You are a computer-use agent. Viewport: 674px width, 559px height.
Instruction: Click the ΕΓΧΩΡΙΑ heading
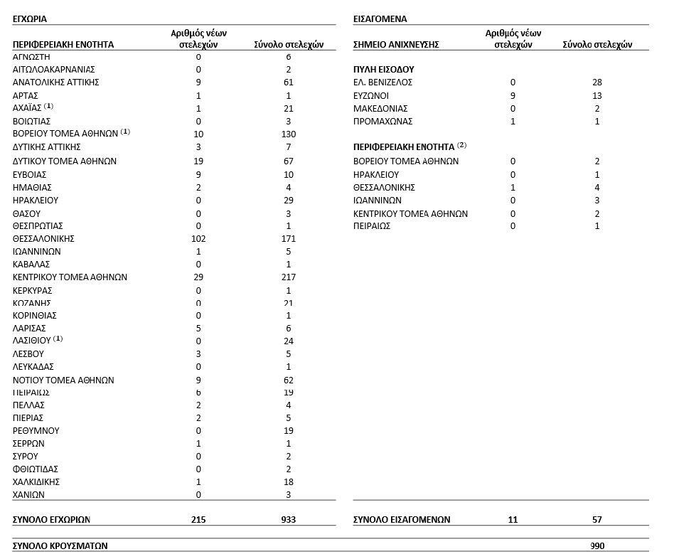tap(30, 19)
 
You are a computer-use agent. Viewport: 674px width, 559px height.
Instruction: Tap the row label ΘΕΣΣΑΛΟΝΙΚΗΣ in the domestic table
tap(43, 239)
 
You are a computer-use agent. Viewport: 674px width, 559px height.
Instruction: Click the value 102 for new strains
tap(198, 239)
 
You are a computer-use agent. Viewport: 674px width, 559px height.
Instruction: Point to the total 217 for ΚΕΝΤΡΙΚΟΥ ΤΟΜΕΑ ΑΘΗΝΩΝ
tap(289, 277)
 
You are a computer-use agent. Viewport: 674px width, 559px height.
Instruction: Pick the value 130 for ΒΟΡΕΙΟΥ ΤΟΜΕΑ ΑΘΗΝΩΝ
tap(289, 134)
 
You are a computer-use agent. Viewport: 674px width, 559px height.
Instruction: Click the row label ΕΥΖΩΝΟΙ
tap(371, 95)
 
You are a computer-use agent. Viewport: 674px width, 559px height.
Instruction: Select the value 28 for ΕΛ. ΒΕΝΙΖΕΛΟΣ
tap(597, 82)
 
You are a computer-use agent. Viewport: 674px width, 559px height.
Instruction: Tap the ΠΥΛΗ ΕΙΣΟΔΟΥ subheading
tap(384, 70)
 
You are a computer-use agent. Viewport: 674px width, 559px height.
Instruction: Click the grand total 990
tap(597, 546)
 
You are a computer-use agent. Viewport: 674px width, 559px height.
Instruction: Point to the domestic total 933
tap(289, 520)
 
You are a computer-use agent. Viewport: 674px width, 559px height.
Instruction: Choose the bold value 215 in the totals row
tap(198, 520)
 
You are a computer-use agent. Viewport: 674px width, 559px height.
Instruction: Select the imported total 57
tap(597, 520)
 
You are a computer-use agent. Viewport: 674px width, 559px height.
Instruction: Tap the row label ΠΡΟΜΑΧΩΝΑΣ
tap(383, 122)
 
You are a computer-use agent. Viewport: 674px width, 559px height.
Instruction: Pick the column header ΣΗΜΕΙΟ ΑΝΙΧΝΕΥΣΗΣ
tap(396, 45)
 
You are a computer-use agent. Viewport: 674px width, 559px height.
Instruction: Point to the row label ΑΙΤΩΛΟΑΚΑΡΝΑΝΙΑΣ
tap(54, 70)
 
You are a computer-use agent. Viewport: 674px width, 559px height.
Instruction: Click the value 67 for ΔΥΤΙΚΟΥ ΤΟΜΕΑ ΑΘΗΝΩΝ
tap(289, 161)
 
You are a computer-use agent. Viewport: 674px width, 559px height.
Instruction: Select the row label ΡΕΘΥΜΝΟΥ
tap(36, 431)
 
